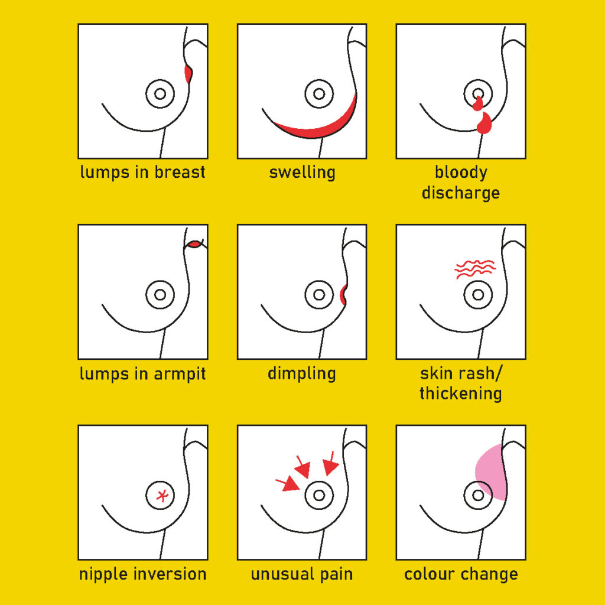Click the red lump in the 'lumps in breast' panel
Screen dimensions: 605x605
[x=188, y=74]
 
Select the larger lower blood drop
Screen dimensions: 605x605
[x=484, y=124]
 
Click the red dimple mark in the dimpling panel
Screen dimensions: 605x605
[x=343, y=294]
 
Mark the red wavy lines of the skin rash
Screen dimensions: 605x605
[x=474, y=268]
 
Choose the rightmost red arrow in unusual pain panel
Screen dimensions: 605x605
[x=330, y=464]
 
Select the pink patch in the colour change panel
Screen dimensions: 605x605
[x=490, y=470]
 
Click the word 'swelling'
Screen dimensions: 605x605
[x=302, y=173]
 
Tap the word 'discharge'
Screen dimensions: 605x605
[x=460, y=193]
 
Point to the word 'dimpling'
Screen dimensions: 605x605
[x=301, y=373]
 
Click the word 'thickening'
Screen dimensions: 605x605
[x=460, y=393]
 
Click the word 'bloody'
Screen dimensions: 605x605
[x=461, y=173]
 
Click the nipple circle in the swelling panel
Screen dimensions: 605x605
[x=318, y=94]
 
